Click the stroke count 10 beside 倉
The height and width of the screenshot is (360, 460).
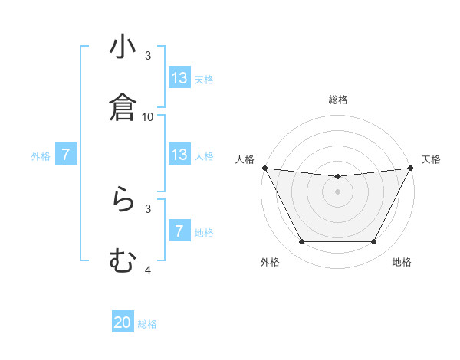click(148, 116)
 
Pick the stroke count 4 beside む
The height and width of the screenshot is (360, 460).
click(148, 270)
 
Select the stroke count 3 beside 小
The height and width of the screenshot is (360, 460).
click(148, 56)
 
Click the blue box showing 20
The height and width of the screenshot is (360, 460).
click(123, 323)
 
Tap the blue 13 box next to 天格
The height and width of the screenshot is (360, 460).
click(179, 78)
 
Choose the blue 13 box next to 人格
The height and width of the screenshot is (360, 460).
click(179, 155)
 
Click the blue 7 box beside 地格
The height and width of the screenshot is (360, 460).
click(179, 231)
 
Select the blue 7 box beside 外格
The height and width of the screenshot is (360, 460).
click(66, 155)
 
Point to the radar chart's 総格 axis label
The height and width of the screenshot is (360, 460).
click(338, 100)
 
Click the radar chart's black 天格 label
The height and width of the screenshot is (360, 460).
click(432, 159)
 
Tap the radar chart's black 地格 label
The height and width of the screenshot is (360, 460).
click(402, 262)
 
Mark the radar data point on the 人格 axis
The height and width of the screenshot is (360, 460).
click(264, 168)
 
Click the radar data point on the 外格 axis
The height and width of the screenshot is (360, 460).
click(301, 242)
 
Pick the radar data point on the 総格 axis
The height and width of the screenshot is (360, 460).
click(338, 177)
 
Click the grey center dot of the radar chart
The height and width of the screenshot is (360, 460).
click(338, 191)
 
